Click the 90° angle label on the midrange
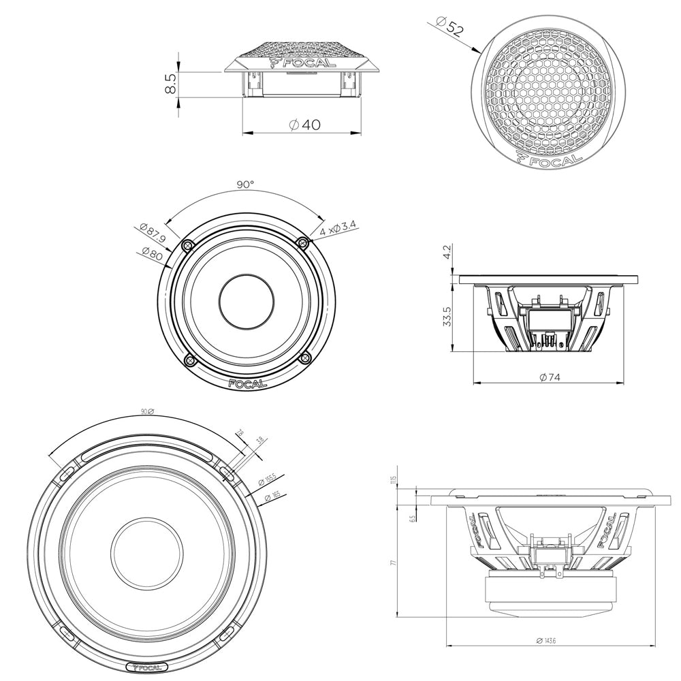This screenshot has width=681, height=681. (x=245, y=185)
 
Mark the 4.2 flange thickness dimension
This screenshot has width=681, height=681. (x=447, y=254)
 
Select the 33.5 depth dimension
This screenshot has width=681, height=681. (x=447, y=317)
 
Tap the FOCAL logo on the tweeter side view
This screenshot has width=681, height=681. (x=303, y=63)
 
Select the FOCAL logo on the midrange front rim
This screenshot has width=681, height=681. (x=247, y=383)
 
